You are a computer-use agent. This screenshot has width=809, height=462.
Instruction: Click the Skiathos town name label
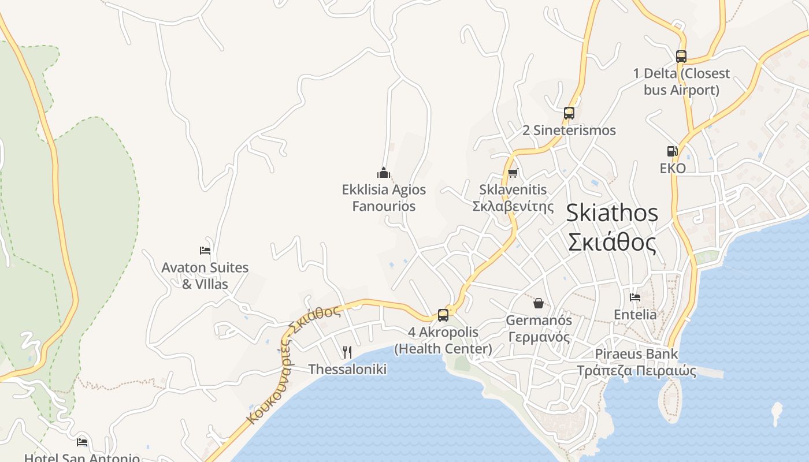[612, 228]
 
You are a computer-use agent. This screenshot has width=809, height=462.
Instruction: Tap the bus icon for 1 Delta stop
[681, 57]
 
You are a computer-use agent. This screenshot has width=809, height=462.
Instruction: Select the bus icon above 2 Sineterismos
[569, 113]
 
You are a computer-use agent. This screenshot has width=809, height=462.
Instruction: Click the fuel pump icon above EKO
[672, 151]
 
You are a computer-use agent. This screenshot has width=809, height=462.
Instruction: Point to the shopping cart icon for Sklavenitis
[513, 173]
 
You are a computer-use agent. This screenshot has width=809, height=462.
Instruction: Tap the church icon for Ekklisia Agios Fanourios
[384, 173]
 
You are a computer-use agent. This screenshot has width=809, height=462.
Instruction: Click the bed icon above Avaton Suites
[205, 251]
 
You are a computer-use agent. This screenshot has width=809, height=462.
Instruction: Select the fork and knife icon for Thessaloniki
[347, 352]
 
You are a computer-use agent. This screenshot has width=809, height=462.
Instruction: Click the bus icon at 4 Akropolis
[443, 315]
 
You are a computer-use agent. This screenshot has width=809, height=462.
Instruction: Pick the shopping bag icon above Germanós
[538, 303]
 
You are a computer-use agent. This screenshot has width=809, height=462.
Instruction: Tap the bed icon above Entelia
[635, 297]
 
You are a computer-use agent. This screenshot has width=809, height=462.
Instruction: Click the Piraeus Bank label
[636, 362]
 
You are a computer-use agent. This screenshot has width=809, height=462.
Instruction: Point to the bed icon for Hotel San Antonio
[82, 442]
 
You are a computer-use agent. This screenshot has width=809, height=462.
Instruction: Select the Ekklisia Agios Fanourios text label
[384, 198]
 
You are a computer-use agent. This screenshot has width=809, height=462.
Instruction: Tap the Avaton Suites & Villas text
[205, 275]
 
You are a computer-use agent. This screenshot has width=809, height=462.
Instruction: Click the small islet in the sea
[777, 413]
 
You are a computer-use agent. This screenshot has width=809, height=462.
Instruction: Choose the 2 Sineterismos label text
[569, 131]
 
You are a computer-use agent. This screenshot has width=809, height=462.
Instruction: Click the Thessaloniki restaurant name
[347, 369]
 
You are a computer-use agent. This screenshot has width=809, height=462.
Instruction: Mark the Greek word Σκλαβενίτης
[513, 206]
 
